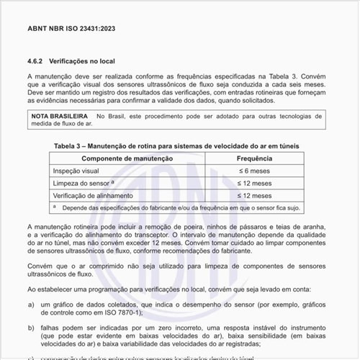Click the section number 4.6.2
point(38,61)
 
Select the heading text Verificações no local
point(85,61)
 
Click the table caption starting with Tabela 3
point(176,146)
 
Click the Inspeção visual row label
point(77,171)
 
